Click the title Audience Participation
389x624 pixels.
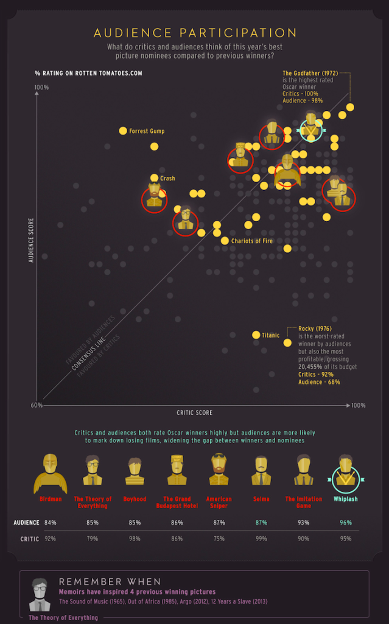[195, 32]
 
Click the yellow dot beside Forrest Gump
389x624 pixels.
[123, 130]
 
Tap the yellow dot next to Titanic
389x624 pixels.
[256, 335]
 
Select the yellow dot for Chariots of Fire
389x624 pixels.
[225, 241]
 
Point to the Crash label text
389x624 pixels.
[167, 178]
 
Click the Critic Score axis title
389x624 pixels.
[194, 413]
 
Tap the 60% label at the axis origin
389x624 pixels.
[37, 405]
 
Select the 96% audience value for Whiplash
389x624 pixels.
[345, 522]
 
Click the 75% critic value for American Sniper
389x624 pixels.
[218, 539]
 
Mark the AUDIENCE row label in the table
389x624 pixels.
[26, 522]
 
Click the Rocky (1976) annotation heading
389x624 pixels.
[315, 328]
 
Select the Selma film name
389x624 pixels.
[261, 499]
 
